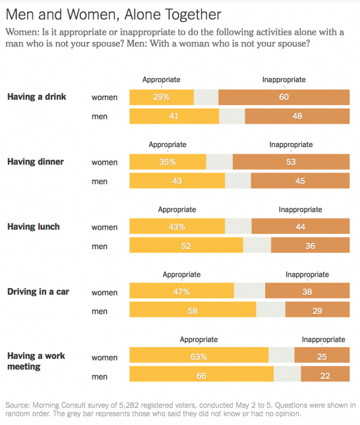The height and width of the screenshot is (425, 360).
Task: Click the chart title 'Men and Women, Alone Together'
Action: tap(113, 14)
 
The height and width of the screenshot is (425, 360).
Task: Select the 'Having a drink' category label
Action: tap(37, 97)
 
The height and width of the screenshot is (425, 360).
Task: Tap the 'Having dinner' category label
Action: tap(35, 162)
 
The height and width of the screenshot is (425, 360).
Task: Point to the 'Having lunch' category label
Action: tap(34, 227)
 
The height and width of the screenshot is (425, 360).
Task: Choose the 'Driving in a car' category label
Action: tap(38, 292)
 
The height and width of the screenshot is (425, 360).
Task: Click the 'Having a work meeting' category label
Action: tap(36, 361)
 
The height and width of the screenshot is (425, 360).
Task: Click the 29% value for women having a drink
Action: tap(161, 97)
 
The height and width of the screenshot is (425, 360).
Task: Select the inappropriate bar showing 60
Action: tap(284, 97)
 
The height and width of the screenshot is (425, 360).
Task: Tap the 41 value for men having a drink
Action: tap(174, 116)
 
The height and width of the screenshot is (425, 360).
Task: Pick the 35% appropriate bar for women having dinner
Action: tap(168, 162)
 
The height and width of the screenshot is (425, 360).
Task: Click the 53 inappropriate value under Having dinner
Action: tap(291, 162)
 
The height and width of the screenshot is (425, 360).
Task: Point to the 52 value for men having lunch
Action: tap(187, 246)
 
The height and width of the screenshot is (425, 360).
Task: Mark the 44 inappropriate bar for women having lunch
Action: tap(300, 227)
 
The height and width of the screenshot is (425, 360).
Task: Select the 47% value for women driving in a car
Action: tap(182, 292)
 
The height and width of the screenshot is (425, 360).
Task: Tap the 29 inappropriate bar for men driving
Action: tap(317, 312)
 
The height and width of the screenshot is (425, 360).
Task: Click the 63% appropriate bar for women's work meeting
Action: tap(199, 357)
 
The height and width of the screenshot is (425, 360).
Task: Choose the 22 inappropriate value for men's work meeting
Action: tap(325, 376)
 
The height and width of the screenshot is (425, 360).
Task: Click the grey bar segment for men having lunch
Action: tap(257, 246)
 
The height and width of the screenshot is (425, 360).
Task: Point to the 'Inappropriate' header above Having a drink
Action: tap(284, 79)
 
